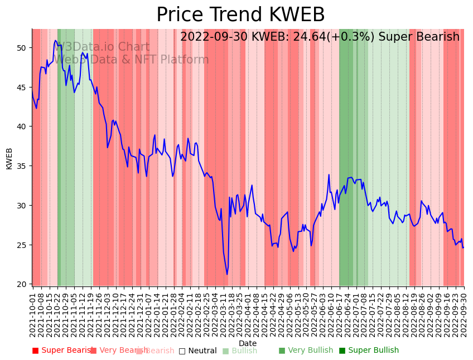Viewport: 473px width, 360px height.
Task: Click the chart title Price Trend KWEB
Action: tap(240, 15)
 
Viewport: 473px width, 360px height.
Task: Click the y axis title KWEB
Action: tap(9, 158)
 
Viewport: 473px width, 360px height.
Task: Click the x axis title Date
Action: tap(248, 343)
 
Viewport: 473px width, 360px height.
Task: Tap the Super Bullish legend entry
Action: tap(369, 351)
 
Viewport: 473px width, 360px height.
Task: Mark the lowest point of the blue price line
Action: tap(227, 274)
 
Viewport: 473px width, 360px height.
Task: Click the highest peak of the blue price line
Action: tap(55, 41)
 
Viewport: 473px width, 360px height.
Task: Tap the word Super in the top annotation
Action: tap(393, 37)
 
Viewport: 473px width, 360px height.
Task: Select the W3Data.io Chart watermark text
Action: tap(105, 47)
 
